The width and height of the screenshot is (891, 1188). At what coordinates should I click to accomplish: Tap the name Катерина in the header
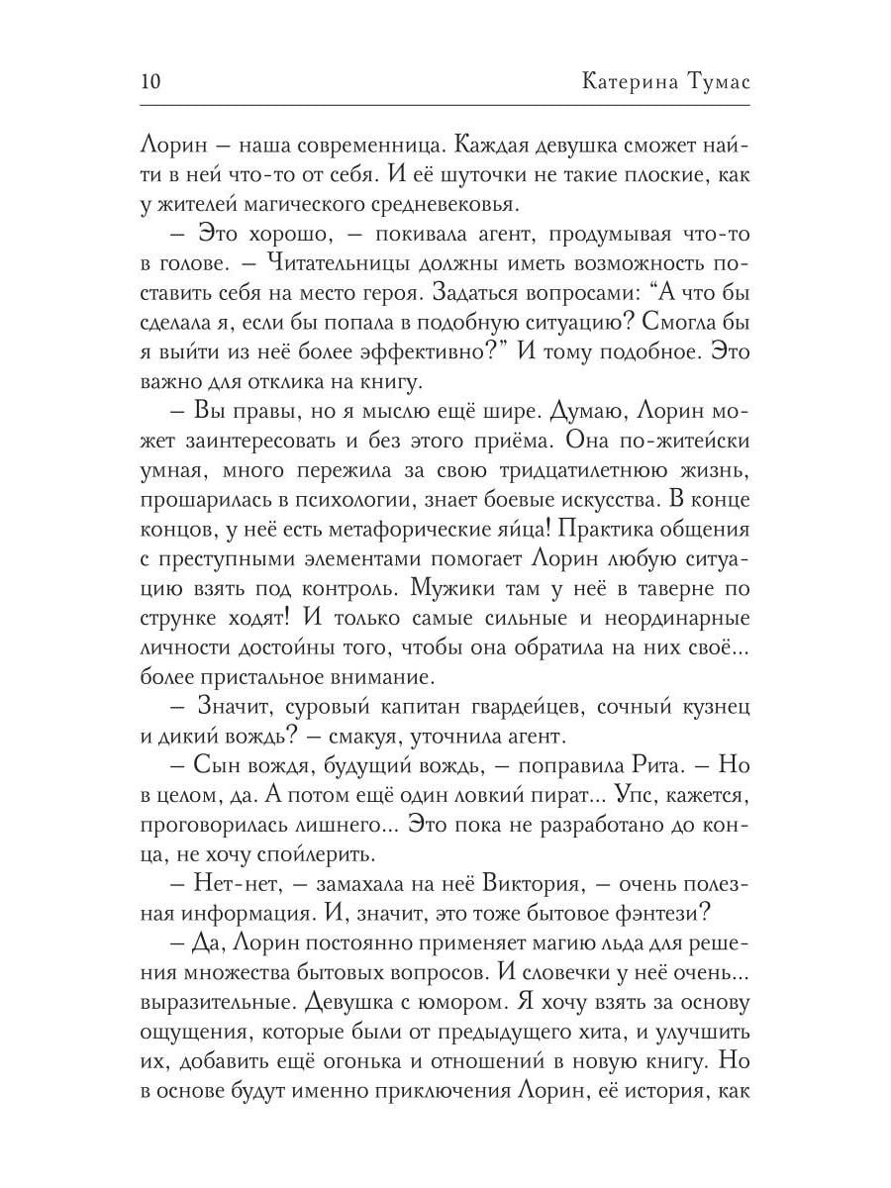coord(627,80)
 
